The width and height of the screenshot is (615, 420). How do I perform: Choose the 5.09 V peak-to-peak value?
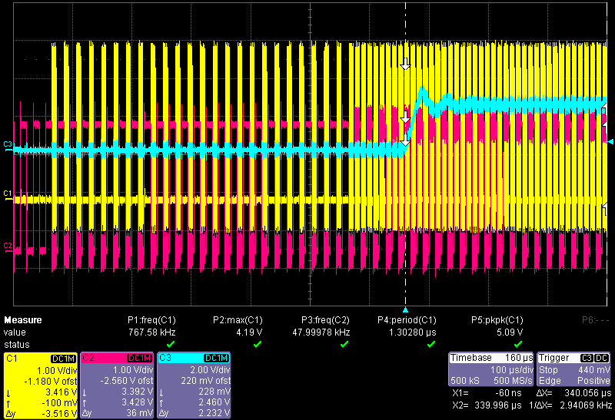pos(509,332)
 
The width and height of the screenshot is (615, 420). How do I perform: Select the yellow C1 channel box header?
pos(39,359)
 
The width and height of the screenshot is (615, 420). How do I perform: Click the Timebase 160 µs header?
pos(491,358)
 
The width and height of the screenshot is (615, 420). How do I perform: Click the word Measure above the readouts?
pos(23,320)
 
